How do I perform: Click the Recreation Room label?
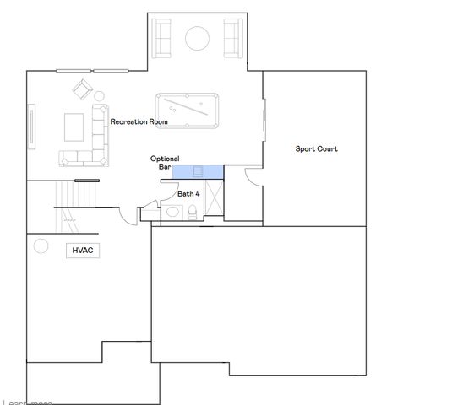coord(139,122)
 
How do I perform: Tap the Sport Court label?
coord(317,149)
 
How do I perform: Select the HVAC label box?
coord(81,250)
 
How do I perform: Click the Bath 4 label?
coord(188,193)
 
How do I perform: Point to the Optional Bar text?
coord(165,163)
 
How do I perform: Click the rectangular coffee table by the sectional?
coord(74,126)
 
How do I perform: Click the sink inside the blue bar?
coord(198,171)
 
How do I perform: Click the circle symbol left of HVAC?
coord(40,246)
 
